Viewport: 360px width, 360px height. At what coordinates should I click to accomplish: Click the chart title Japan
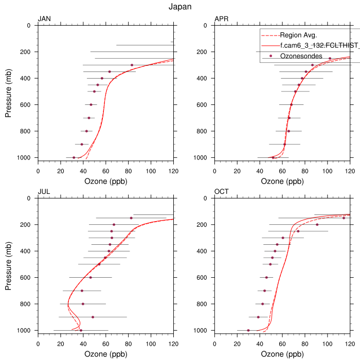pos(179,7)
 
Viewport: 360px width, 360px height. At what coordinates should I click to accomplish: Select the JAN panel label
pos(45,20)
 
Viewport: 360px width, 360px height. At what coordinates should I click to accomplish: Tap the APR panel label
pos(222,20)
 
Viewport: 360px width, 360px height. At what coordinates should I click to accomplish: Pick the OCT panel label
pos(222,192)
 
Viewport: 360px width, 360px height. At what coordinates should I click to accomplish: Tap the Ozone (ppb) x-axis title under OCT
pos(283,354)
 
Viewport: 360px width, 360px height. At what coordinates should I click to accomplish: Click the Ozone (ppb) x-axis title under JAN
pos(106,182)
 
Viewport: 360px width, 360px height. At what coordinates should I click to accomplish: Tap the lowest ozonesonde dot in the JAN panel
pos(74,157)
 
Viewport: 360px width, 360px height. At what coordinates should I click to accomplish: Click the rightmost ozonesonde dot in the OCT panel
pos(344,218)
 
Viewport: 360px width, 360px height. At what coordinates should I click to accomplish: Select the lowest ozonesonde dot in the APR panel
pos(273,157)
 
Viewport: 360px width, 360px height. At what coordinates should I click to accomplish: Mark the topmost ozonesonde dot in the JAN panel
pos(132,65)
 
